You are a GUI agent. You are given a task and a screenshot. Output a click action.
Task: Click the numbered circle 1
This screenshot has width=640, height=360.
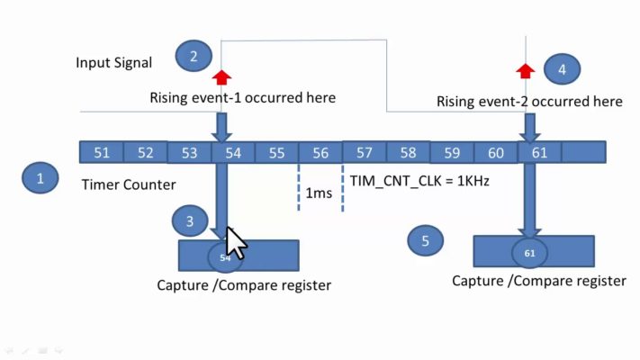(x=41, y=178)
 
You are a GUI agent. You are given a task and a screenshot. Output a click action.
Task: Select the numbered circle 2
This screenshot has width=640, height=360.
(x=194, y=57)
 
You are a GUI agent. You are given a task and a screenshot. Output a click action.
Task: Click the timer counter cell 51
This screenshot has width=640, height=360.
(x=102, y=153)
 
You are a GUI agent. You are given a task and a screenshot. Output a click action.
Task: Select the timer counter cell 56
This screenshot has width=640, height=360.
(x=320, y=153)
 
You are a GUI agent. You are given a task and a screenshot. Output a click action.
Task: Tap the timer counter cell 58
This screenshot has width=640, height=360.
(x=408, y=153)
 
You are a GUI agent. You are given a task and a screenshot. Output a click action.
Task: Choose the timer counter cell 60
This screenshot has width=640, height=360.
(x=496, y=153)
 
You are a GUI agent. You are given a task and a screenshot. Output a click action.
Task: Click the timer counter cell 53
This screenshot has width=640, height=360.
(x=189, y=153)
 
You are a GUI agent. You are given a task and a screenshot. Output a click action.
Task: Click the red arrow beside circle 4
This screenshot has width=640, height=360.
(x=527, y=69)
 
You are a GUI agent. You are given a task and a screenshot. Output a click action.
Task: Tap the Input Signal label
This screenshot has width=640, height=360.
(x=114, y=62)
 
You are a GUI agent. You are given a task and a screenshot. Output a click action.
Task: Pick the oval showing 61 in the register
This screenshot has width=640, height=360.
(x=529, y=254)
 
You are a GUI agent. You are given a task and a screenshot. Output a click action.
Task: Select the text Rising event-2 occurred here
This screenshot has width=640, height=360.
(x=529, y=102)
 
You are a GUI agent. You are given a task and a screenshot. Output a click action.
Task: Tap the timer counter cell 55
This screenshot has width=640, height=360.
(x=276, y=153)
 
